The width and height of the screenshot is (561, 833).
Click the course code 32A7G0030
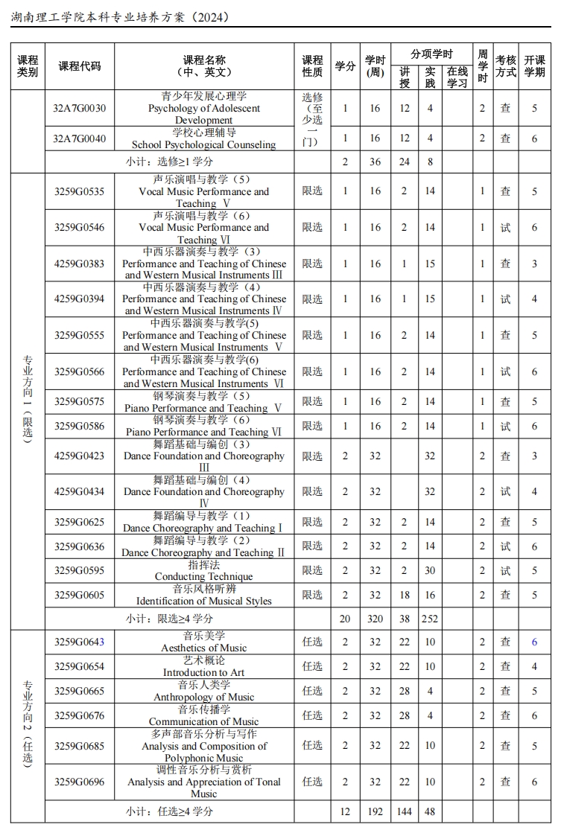click(x=79, y=109)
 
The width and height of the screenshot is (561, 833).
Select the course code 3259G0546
click(x=79, y=228)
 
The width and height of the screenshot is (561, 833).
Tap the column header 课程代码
click(x=79, y=66)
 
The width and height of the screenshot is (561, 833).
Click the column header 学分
click(x=345, y=66)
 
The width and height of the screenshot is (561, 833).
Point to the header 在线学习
click(x=457, y=77)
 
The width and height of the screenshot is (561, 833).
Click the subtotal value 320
click(x=375, y=619)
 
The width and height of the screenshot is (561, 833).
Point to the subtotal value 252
click(x=430, y=619)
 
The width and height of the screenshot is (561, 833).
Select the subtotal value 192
click(x=375, y=811)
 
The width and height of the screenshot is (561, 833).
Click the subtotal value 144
click(x=405, y=811)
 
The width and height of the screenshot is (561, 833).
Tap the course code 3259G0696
click(x=79, y=782)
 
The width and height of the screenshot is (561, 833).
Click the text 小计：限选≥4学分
click(x=169, y=619)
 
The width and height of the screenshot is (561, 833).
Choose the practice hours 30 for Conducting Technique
click(x=430, y=570)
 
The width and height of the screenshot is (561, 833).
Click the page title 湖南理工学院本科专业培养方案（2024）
click(x=120, y=16)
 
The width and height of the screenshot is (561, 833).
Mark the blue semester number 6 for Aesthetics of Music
click(x=534, y=642)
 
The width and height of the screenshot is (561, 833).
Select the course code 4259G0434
click(x=79, y=492)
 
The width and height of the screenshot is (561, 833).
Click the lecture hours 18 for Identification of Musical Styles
click(x=405, y=595)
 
